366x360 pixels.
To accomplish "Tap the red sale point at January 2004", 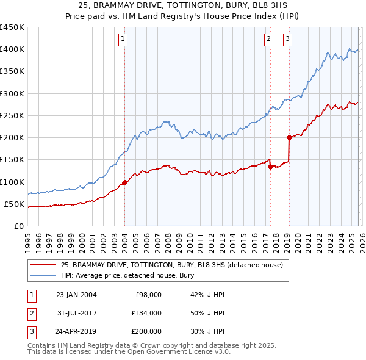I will pos(124,182).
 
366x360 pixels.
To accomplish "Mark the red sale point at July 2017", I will pos(270,167).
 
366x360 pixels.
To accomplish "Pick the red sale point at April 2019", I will pos(289,137).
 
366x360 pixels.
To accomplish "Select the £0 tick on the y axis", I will pos(18,226).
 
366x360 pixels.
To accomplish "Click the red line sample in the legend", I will pos(43,265).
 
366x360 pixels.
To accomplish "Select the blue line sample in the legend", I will pos(43,276).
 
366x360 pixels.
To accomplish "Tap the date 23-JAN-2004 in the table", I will pos(76,295).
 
